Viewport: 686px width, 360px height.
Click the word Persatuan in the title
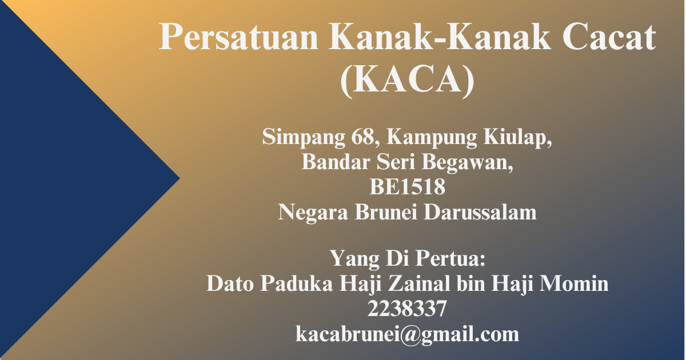pos(238,37)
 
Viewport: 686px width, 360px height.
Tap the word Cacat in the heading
pos(609,37)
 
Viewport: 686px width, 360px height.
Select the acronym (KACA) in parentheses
pos(407,80)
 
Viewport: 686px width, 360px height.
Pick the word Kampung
pos(432,138)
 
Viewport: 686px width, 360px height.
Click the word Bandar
pos(336,162)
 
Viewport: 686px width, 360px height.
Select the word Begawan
pos(468,163)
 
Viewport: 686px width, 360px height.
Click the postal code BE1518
pos(407,187)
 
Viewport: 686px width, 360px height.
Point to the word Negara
pos(313,213)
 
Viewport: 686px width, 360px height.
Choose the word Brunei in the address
pos(386,212)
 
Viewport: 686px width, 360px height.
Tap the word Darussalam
pos(480,212)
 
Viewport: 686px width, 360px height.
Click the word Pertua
pos(450,258)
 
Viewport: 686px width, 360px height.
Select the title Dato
pos(230,283)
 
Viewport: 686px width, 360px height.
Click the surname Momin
pos(573,283)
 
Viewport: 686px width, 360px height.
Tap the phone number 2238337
pos(407,309)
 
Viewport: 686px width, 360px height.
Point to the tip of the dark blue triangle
pos(180,178)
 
